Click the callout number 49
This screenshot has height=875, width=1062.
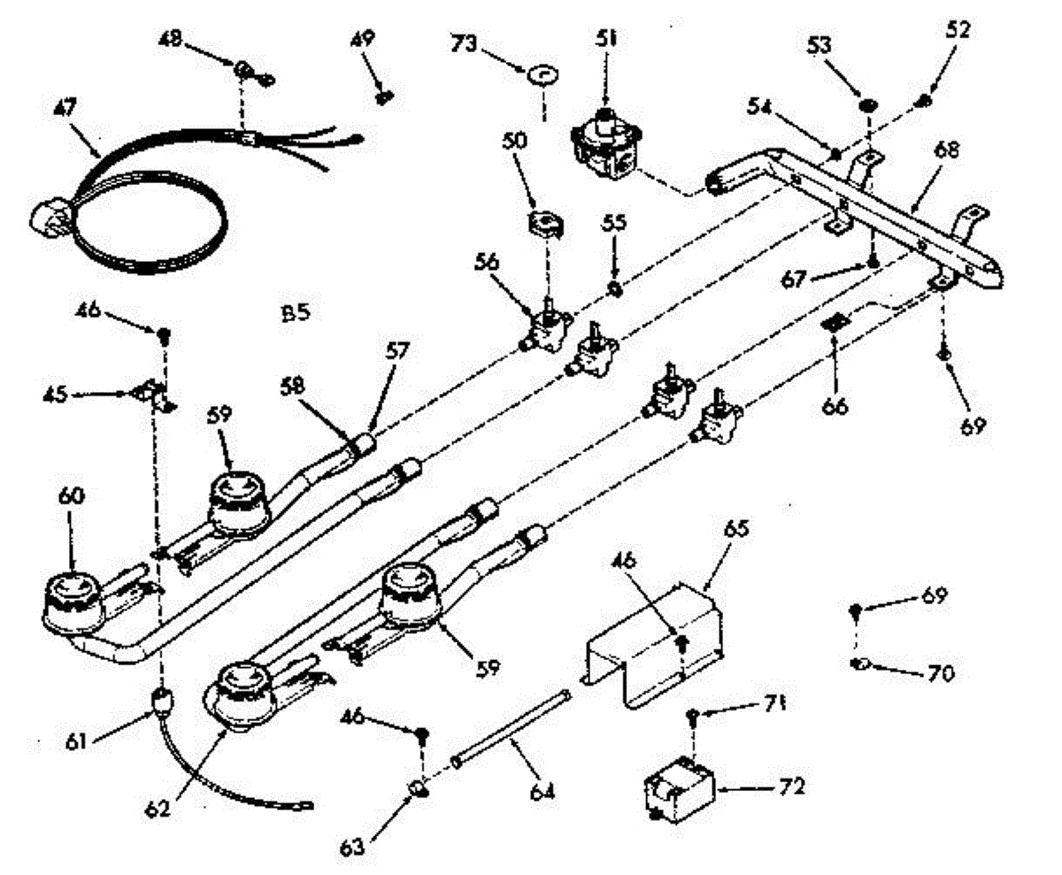361,40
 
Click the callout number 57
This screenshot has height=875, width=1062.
396,351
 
